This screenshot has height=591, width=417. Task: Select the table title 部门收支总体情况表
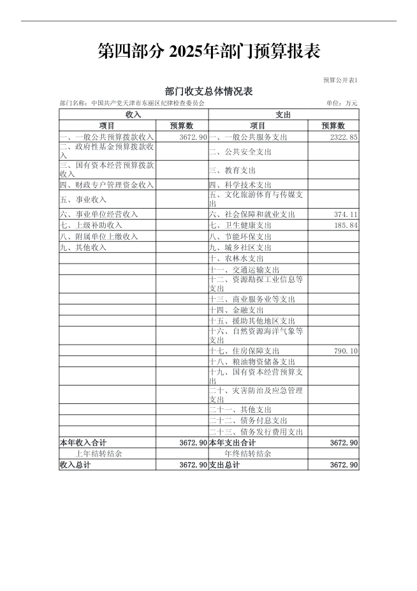(x=208, y=91)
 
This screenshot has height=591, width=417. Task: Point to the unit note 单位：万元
(x=342, y=103)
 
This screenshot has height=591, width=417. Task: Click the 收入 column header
(x=133, y=114)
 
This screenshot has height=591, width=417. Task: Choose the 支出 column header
(x=284, y=114)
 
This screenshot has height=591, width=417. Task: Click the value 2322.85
(x=344, y=137)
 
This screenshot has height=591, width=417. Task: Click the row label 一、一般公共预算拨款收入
(x=106, y=137)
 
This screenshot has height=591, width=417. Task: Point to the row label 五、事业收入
(x=82, y=200)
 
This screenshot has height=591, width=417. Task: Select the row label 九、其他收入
(x=82, y=247)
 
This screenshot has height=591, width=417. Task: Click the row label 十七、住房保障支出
(x=244, y=351)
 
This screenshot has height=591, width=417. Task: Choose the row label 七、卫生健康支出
(x=240, y=225)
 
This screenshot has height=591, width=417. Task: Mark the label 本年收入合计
(x=83, y=442)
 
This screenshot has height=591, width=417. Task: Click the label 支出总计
(x=224, y=465)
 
